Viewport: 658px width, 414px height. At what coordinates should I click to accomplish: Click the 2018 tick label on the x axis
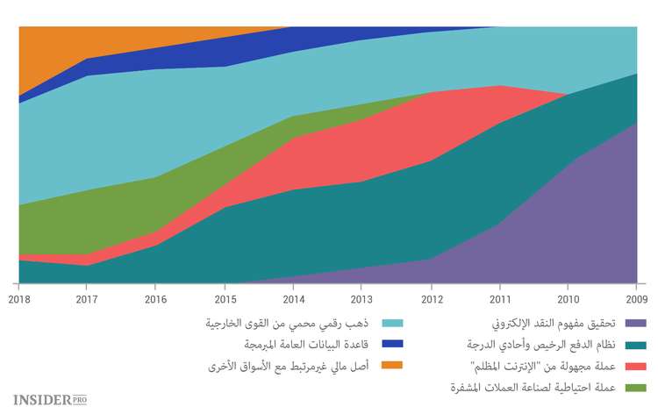tap(18, 299)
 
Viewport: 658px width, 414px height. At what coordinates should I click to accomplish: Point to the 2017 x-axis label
tap(86, 299)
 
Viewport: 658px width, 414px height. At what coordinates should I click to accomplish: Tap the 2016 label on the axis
tap(154, 299)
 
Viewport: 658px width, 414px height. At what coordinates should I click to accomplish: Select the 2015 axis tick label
tap(224, 299)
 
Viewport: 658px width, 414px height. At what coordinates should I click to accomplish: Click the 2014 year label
tap(292, 299)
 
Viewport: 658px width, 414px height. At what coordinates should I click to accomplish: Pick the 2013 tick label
tap(361, 299)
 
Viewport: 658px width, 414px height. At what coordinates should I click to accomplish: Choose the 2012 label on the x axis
tap(431, 299)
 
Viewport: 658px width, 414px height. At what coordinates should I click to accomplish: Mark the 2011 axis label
tap(499, 299)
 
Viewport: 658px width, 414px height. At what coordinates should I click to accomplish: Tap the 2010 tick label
tap(569, 299)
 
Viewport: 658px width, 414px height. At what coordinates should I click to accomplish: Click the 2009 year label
tap(636, 299)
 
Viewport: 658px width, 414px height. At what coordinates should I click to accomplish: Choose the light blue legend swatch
tap(393, 324)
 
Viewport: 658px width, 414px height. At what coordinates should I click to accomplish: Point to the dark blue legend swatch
tap(393, 345)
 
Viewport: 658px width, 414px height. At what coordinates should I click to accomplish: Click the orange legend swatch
tap(393, 366)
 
